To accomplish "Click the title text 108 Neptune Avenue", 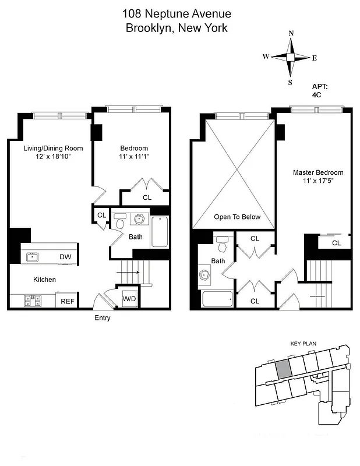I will pos(177,13).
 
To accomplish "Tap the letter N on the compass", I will pos(291,33).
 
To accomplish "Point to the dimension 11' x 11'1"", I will pos(134,157).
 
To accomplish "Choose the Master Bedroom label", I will pos(317,172).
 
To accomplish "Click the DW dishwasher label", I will pos(65,256).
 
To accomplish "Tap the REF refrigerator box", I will pos(66,301).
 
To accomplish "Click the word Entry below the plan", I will pos(102,318).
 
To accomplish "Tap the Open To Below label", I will pos(237,217).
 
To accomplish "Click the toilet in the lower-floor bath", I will pos(120,221).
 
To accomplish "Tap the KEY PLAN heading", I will pos(302,344).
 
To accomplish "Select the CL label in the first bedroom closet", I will pos(147,197).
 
